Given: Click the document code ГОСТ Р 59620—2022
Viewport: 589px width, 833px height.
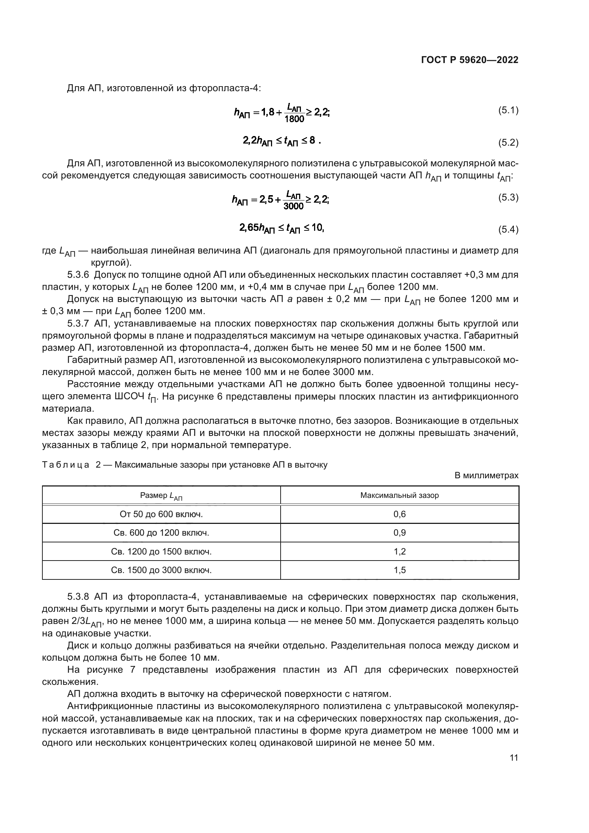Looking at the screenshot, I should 470,60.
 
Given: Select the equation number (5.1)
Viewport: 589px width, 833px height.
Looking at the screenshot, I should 508,110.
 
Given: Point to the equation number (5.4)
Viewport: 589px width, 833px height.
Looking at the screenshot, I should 508,229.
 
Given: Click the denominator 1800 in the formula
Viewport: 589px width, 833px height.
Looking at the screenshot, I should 294,119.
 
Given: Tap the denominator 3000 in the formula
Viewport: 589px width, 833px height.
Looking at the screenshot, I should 293,207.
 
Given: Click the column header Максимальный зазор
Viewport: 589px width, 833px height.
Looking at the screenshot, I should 399,496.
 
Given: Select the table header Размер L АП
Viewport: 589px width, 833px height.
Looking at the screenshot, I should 161,496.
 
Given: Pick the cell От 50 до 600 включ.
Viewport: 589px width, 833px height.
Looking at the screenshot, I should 161,515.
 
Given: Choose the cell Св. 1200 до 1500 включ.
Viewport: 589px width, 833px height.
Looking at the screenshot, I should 161,552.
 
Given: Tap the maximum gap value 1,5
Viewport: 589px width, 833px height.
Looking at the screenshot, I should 399,570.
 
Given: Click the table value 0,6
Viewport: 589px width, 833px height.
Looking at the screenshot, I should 399,515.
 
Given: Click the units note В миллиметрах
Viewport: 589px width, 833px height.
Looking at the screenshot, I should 486,476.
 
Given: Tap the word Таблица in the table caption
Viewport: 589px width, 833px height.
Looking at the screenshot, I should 66,465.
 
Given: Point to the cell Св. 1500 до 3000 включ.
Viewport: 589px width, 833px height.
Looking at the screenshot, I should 161,570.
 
